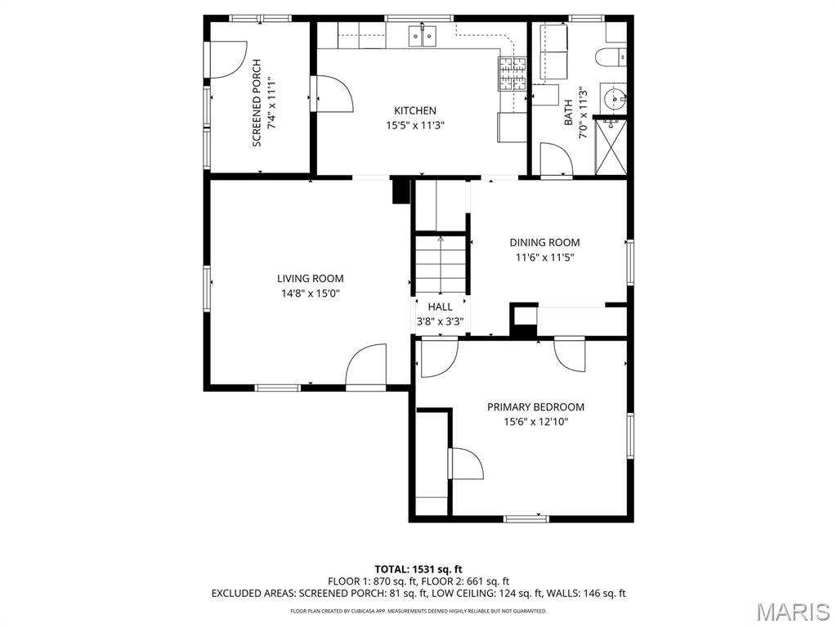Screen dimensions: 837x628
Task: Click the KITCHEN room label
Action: (414, 110)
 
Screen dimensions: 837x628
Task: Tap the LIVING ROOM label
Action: (310, 278)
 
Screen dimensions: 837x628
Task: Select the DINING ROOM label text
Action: (544, 242)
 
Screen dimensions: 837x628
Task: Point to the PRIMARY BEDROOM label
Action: (535, 407)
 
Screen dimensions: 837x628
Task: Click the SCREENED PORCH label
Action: (257, 103)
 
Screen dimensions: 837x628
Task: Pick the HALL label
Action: (440, 307)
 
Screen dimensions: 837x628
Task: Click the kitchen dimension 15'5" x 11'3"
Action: (415, 126)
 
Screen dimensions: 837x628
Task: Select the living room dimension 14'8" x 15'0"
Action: (310, 294)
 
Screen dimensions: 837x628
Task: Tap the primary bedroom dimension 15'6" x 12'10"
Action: (535, 422)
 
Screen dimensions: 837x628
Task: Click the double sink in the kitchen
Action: (423, 36)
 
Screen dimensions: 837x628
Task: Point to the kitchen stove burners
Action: (512, 73)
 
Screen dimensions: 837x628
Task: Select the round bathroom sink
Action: (615, 99)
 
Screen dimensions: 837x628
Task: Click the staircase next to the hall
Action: (441, 265)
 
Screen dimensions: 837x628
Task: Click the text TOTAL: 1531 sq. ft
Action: (418, 569)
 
